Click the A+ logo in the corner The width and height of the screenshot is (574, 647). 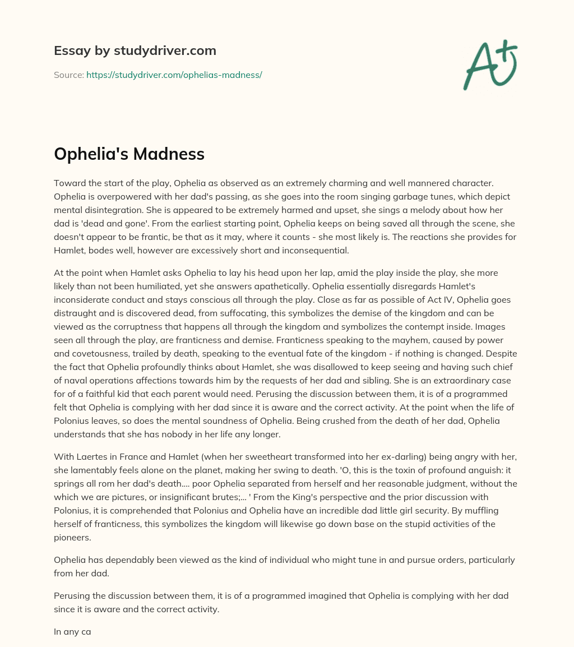tap(490, 64)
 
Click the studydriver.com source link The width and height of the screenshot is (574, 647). tap(174, 75)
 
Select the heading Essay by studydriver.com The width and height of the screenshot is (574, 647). tap(135, 51)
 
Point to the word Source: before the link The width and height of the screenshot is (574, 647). tap(69, 75)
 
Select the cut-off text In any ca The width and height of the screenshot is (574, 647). tap(72, 632)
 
